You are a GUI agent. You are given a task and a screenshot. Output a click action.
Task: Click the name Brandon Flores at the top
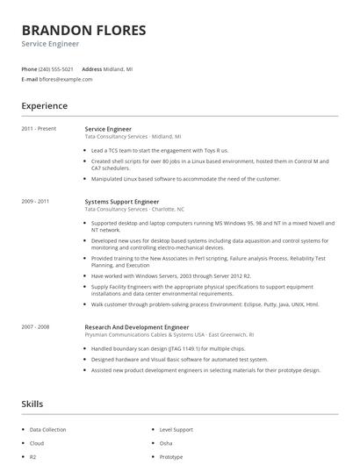pos(84,31)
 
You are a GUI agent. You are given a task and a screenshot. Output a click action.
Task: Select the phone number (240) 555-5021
pos(56,68)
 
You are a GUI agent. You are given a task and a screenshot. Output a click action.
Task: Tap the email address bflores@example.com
pos(66,79)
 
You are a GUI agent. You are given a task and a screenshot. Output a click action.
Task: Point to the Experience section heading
pos(45,106)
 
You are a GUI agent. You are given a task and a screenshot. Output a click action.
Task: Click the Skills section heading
pos(33,404)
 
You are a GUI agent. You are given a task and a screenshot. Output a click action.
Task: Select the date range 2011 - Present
pos(39,128)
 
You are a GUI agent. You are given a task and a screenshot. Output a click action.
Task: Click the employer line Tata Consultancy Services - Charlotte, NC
pos(134,210)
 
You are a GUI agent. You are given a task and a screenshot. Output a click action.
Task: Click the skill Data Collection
pos(47,430)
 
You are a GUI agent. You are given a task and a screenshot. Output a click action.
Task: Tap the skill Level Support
pos(176,430)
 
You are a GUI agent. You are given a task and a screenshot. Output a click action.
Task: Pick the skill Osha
pos(166,443)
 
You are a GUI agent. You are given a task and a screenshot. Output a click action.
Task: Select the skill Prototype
pos(171,456)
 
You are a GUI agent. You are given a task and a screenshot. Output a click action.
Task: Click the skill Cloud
pos(37,443)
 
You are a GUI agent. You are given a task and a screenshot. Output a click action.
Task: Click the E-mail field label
pos(29,79)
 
